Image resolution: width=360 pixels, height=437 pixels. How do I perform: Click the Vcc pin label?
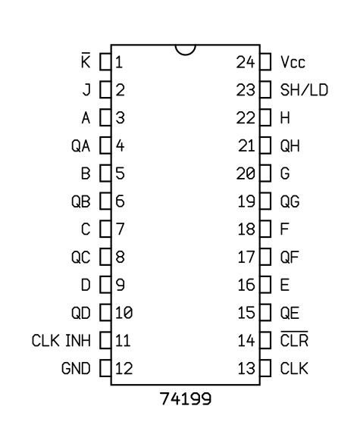click(293, 62)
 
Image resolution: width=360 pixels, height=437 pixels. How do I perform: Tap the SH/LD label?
click(304, 89)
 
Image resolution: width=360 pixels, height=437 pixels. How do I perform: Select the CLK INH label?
click(61, 341)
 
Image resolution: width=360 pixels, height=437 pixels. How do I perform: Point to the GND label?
click(76, 368)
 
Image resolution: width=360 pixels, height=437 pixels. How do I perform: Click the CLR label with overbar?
click(294, 339)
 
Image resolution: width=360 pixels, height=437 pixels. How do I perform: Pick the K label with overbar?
click(86, 60)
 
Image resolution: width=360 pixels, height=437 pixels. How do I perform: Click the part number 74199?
click(186, 399)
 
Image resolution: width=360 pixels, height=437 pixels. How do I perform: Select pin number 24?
click(246, 62)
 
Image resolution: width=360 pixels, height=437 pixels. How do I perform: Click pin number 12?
click(124, 368)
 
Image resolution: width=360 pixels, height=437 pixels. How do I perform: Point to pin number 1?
click(119, 62)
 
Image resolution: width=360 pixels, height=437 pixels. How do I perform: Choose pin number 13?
click(246, 368)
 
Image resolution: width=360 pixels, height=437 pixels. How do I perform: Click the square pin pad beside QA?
click(105, 145)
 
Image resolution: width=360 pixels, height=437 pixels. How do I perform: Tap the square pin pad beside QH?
click(265, 145)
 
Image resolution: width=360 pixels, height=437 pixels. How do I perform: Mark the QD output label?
click(81, 313)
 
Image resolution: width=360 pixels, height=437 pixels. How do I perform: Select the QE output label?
click(290, 313)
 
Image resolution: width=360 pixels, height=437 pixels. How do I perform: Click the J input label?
click(86, 89)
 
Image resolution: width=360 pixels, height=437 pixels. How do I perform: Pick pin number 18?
click(246, 229)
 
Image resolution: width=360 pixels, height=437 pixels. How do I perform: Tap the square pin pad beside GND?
click(105, 368)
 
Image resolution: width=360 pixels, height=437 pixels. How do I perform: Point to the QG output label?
click(290, 201)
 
